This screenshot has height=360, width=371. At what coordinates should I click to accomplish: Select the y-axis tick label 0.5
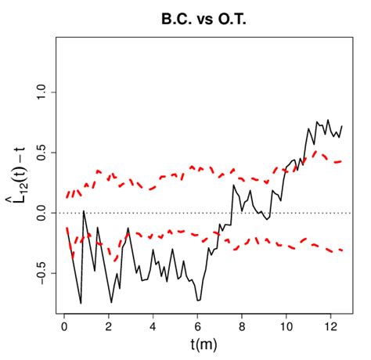pyautogui.click(x=43, y=153)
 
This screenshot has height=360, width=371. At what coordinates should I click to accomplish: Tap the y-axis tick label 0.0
pyautogui.click(x=43, y=213)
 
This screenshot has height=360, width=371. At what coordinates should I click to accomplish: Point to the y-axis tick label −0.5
pyautogui.click(x=43, y=273)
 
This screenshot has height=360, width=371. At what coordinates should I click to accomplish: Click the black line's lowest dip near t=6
pyautogui.click(x=199, y=300)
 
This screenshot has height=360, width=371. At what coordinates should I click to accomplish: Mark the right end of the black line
pyautogui.click(x=342, y=126)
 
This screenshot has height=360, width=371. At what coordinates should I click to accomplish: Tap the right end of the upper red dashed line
pyautogui.click(x=342, y=161)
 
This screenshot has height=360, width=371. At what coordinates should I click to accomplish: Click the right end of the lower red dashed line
pyautogui.click(x=342, y=250)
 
